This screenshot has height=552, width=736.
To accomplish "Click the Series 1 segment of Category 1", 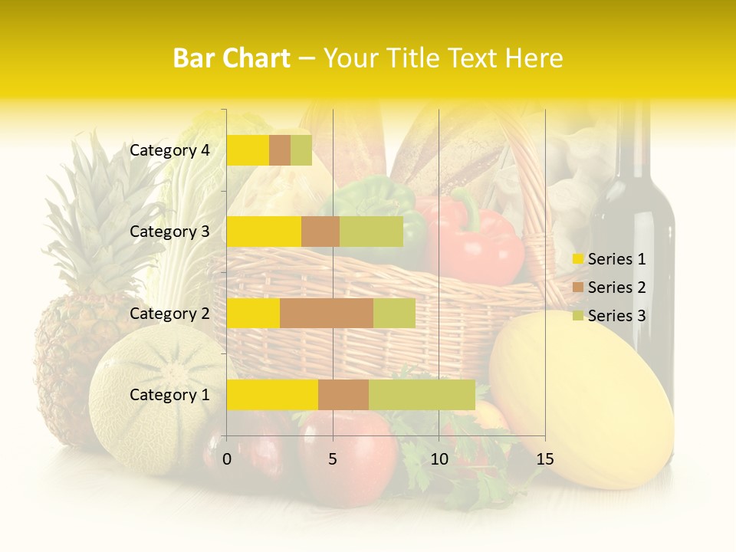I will (272, 394).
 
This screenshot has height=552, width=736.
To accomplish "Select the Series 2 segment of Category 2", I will (327, 313).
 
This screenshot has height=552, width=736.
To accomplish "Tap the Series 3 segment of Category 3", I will (371, 232).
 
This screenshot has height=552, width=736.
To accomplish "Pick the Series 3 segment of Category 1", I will (422, 394).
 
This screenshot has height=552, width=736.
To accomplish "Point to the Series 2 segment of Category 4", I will (280, 150).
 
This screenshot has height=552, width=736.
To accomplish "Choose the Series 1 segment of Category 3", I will (264, 232).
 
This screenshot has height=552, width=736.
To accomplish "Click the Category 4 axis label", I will (169, 150).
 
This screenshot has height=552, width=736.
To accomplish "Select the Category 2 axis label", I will (169, 313).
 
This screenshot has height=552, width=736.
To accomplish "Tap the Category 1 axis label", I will (169, 395).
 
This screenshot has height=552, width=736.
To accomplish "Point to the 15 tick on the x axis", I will (544, 459).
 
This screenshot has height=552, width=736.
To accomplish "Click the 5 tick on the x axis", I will (333, 459).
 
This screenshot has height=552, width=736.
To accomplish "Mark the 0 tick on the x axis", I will (227, 459).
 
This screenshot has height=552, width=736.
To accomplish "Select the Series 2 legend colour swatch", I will (578, 287).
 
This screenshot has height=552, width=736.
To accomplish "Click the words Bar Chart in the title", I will (232, 58).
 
